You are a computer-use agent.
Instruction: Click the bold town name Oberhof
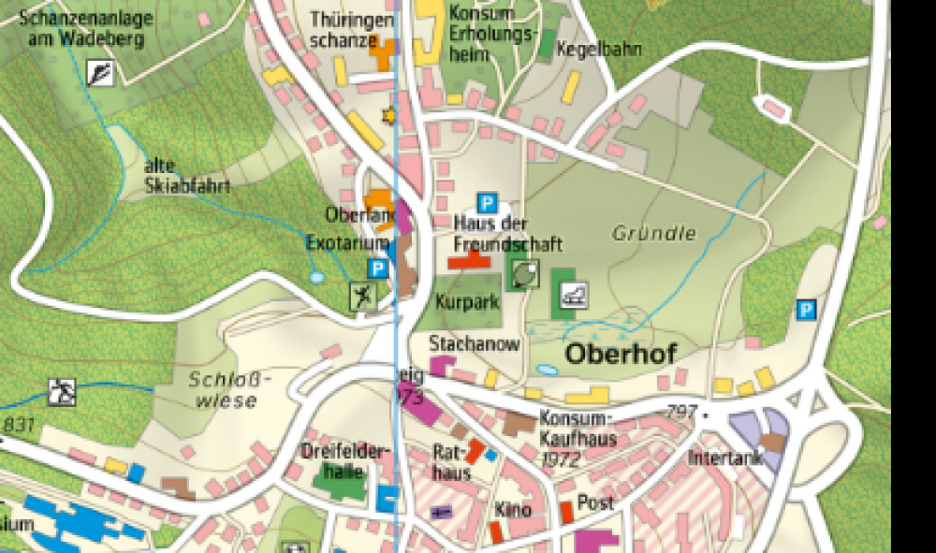620,355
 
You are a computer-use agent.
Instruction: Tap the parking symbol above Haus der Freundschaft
486,201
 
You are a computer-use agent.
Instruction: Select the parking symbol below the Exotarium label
377,269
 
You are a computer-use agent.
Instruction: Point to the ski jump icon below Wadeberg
99,72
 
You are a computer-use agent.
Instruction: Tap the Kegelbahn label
599,49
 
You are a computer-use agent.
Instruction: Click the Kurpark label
467,302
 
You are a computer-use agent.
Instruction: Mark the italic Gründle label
654,233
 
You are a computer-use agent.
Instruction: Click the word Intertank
726,458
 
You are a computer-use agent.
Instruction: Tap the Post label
595,502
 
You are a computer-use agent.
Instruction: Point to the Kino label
515,510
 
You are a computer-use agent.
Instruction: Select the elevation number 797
681,411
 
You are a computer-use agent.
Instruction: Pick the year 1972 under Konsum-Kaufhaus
562,459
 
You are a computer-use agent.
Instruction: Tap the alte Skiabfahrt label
187,176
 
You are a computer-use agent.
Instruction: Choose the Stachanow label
474,343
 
